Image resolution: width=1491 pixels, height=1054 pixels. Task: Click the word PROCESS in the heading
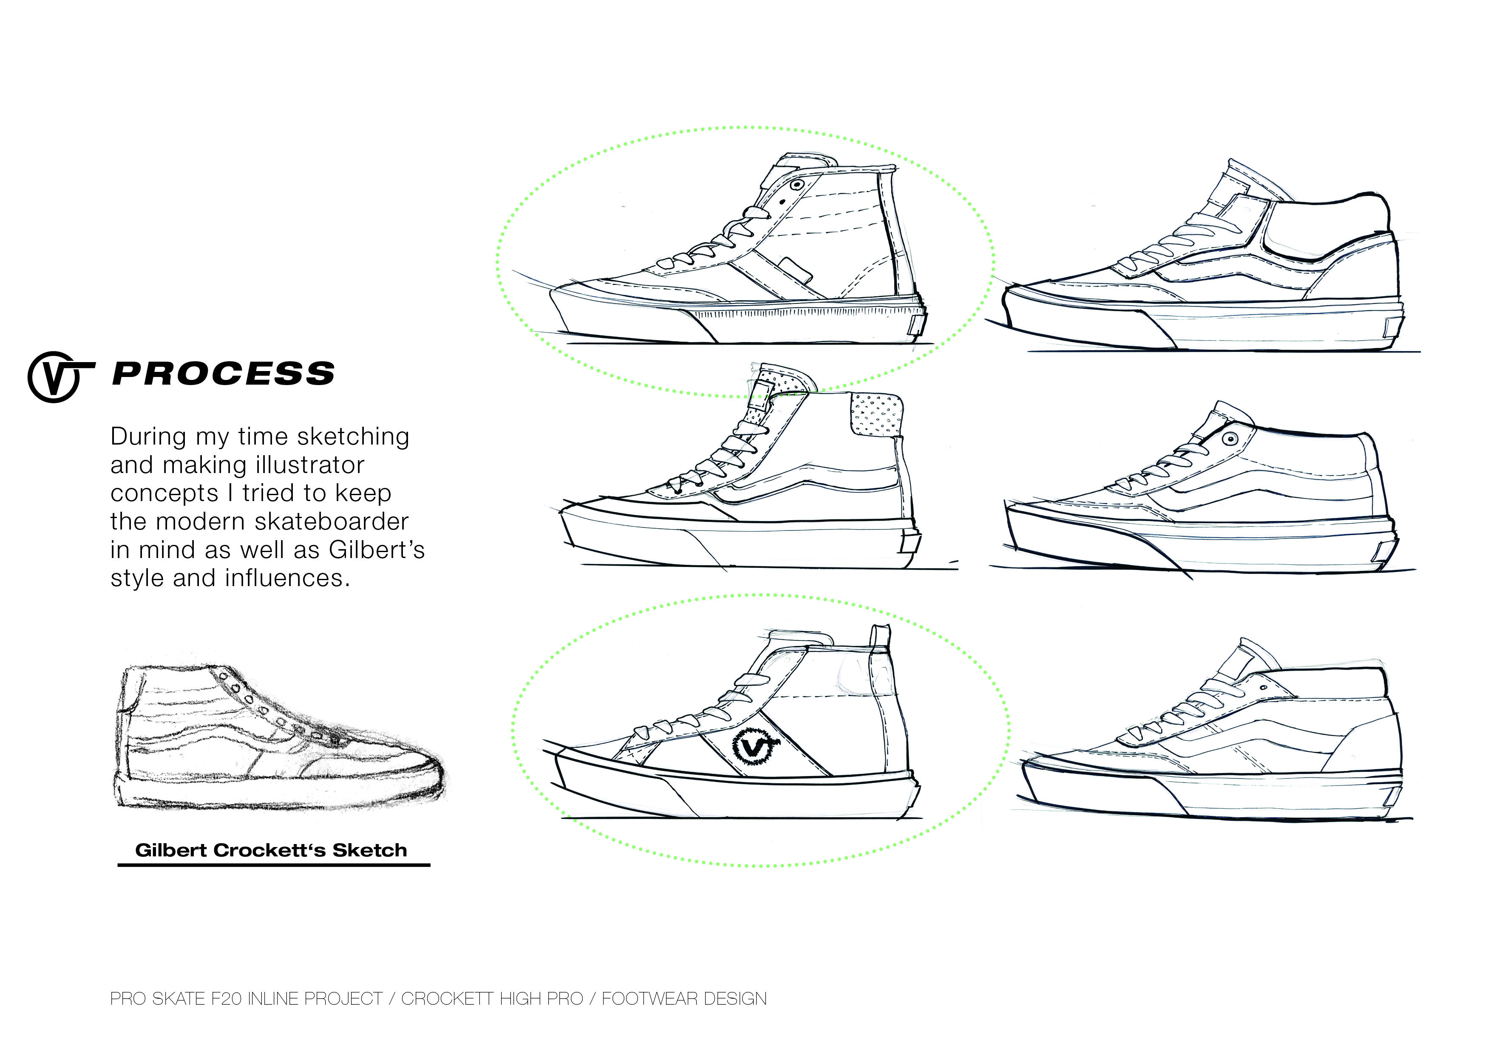(224, 374)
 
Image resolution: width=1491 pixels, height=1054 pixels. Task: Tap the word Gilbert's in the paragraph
(377, 550)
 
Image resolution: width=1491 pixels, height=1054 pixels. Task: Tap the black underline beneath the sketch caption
(273, 865)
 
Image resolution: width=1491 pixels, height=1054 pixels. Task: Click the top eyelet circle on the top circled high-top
(796, 185)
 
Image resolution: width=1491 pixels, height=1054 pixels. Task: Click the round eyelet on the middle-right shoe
(1228, 439)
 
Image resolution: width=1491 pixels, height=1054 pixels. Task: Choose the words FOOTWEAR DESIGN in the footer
(684, 999)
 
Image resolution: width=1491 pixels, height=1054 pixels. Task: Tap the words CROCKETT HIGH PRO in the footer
(492, 999)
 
